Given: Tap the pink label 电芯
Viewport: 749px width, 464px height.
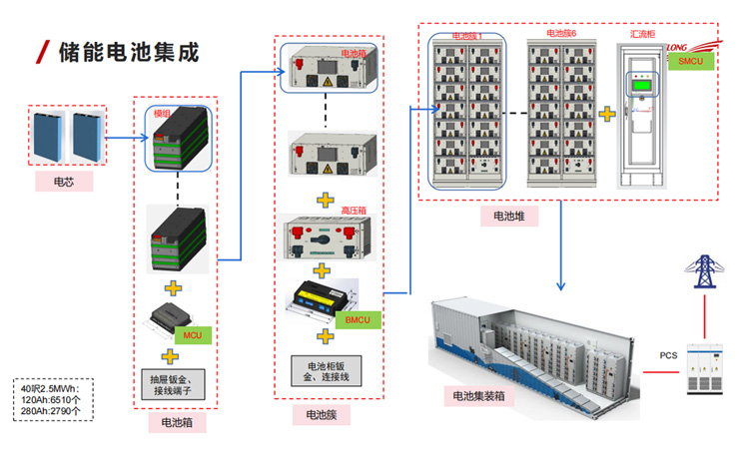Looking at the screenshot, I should [71, 182].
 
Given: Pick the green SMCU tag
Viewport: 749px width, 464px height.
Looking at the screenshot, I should [690, 63].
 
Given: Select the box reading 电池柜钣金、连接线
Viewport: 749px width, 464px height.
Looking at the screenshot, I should [328, 370].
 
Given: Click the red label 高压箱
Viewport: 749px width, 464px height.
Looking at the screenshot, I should [356, 211].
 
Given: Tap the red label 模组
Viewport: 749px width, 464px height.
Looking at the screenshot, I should [162, 115].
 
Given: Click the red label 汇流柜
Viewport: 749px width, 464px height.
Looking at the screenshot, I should [641, 33].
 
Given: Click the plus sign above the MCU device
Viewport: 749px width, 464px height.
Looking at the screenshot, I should [172, 289].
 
